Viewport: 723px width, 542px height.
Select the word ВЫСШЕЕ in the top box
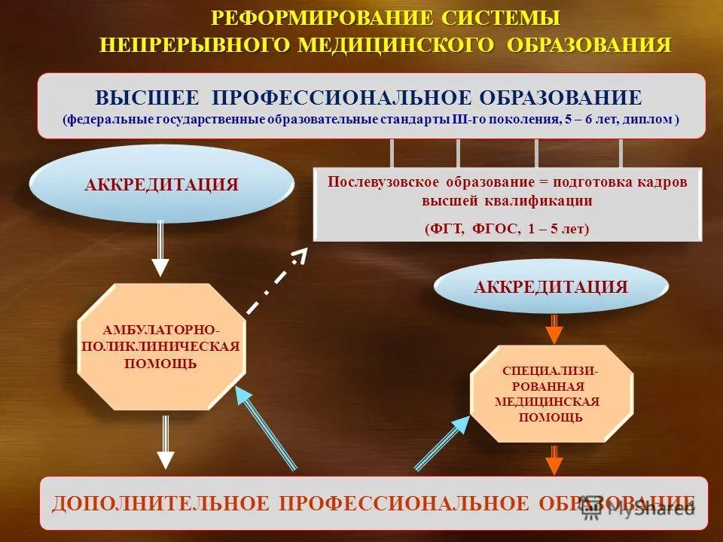tap(148, 98)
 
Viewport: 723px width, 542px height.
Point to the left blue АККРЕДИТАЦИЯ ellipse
tap(162, 184)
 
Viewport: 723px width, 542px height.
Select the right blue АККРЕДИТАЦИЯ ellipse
tap(551, 287)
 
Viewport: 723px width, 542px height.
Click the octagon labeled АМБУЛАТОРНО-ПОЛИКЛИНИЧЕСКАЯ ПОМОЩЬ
tap(162, 347)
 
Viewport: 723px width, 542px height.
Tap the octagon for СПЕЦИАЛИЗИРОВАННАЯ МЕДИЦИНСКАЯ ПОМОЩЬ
tap(551, 394)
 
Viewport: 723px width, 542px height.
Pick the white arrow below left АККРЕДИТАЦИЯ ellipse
tap(160, 248)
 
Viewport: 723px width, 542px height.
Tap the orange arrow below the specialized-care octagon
tap(554, 459)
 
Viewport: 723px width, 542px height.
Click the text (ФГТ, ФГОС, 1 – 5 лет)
tap(507, 229)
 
